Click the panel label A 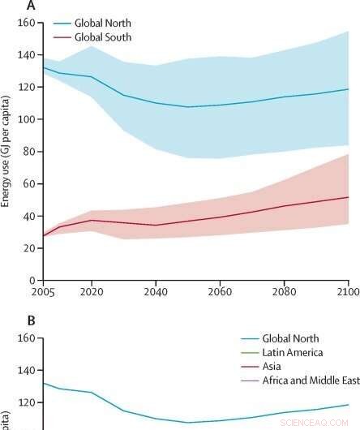click(31, 6)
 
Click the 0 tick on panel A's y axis click(32, 280)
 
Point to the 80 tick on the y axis click(29, 151)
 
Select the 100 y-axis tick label click(27, 119)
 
